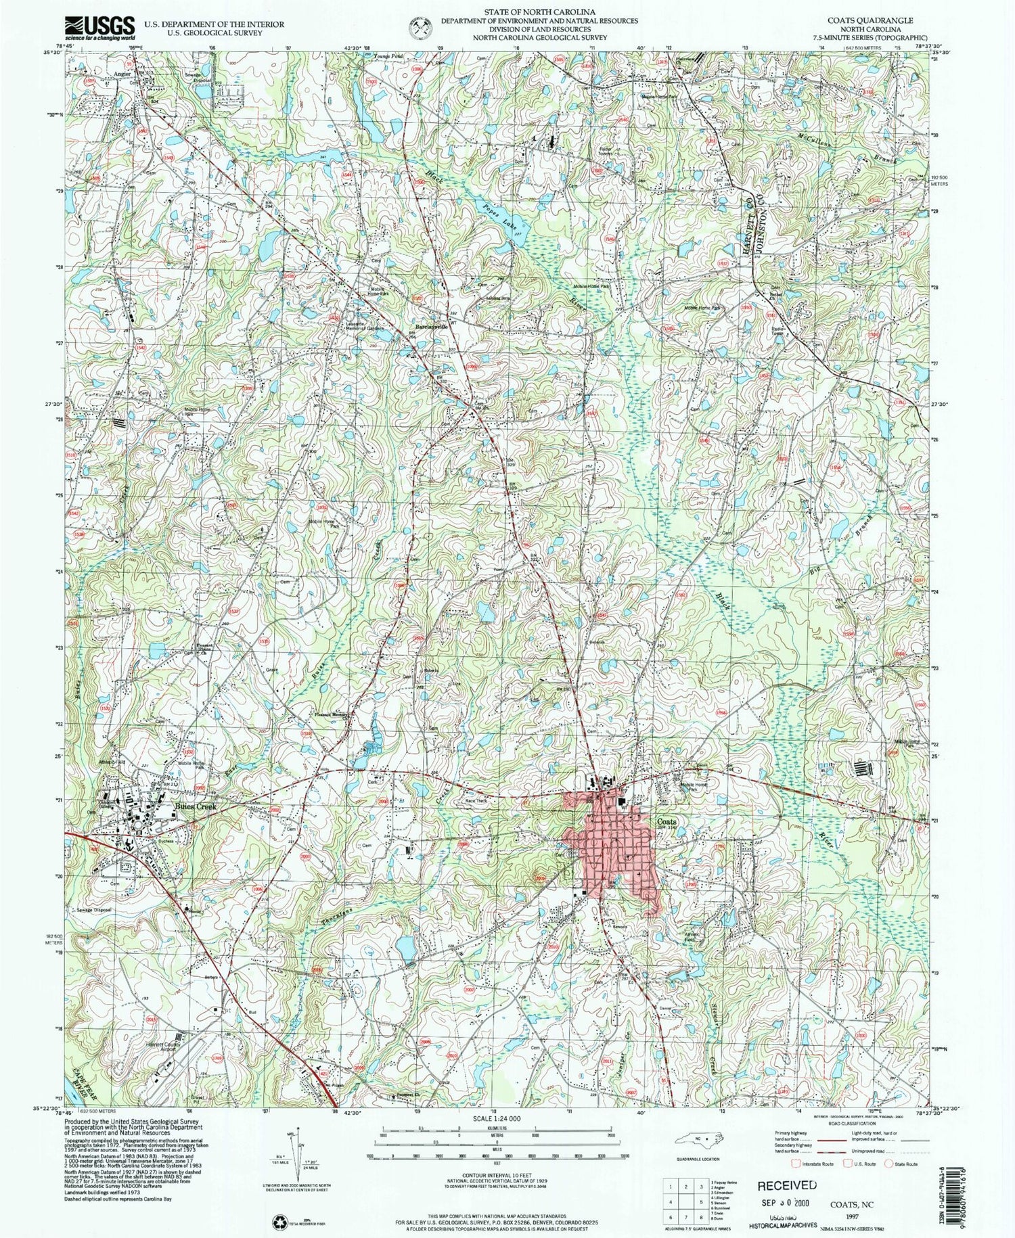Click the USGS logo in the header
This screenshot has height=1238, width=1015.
pyautogui.click(x=99, y=27)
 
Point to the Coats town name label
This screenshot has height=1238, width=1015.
pyautogui.click(x=667, y=821)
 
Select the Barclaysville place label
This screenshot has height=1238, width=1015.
pyautogui.click(x=432, y=325)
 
